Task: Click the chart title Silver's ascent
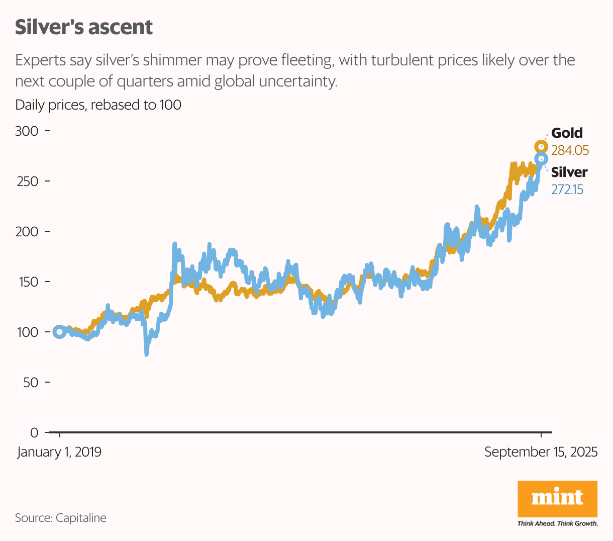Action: (x=83, y=27)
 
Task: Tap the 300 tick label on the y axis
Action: (x=27, y=131)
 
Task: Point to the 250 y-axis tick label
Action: (x=27, y=182)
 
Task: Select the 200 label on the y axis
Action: (x=27, y=232)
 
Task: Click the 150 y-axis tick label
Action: (x=27, y=282)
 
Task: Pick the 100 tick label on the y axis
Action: (x=27, y=332)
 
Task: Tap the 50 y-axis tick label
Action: (x=30, y=383)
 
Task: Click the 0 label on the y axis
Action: (x=34, y=433)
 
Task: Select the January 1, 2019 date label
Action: (x=59, y=452)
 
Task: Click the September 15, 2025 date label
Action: (x=541, y=452)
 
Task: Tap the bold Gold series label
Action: (x=567, y=133)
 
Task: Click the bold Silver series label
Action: (x=569, y=172)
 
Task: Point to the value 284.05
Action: (x=570, y=150)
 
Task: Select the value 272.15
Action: (x=567, y=190)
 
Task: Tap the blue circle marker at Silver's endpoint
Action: (x=541, y=159)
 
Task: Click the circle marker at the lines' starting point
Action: (x=59, y=332)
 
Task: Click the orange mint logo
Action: (x=557, y=499)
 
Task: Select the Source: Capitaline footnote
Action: (x=61, y=518)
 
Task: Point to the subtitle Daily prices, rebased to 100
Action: (x=98, y=105)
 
